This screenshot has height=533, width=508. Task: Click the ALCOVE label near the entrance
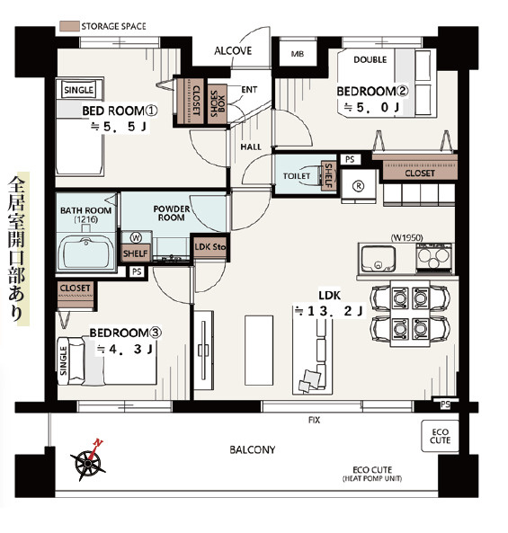(x=233, y=51)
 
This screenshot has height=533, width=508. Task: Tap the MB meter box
(x=298, y=54)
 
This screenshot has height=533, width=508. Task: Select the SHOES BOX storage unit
(x=218, y=103)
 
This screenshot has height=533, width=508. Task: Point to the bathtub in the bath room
(x=86, y=253)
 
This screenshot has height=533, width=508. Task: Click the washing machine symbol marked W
(x=136, y=237)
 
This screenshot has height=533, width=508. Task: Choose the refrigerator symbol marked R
(x=359, y=186)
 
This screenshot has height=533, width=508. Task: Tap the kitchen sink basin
(x=378, y=259)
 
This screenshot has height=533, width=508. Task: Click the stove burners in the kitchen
(x=433, y=257)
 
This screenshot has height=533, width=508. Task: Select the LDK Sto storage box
(x=209, y=247)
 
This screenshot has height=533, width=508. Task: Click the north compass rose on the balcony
(x=89, y=461)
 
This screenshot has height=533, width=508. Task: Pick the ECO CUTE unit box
(x=440, y=436)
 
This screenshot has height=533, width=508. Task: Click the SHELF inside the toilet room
(x=328, y=176)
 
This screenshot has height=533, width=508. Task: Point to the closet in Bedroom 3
(x=76, y=295)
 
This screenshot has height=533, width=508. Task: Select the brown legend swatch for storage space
(x=69, y=26)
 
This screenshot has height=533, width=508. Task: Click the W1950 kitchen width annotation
(x=406, y=237)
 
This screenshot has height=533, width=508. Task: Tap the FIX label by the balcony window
(x=314, y=420)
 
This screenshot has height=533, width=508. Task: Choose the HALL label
(x=251, y=147)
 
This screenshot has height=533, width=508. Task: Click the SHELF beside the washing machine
(x=136, y=253)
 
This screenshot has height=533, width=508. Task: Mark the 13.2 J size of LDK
(x=329, y=311)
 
